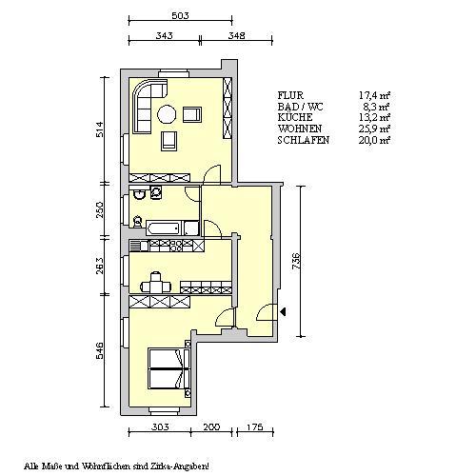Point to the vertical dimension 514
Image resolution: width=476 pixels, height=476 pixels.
point(98,129)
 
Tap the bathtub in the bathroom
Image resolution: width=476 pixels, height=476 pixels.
point(164,228)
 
